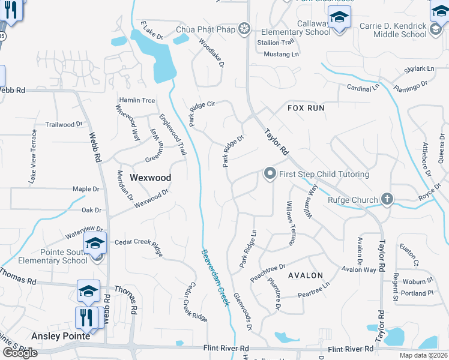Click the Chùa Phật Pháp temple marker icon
pos(244,29)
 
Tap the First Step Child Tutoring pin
pos(270,174)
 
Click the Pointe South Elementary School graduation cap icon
pos(95,243)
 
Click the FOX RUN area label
pos(306,108)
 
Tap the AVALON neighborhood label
pos(306,275)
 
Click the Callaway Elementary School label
pos(298,28)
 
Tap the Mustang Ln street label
pos(282,54)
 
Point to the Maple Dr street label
pos(86,189)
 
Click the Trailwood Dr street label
pos(64,124)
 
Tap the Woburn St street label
pos(418,281)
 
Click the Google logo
pos(20,353)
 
